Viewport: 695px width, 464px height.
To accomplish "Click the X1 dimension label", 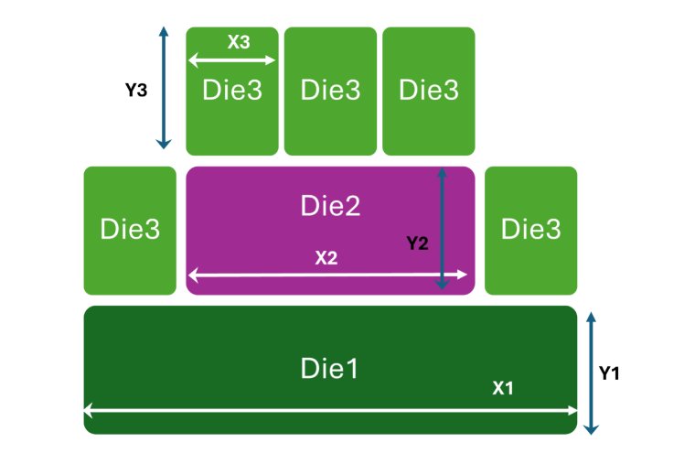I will [503, 388].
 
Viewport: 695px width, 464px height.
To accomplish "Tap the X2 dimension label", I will [326, 258].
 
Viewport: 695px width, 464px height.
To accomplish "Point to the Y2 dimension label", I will [417, 243].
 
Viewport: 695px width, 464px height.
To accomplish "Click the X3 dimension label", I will [239, 42].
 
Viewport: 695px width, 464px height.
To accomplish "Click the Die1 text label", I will [329, 368].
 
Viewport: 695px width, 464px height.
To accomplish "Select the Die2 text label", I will [330, 207].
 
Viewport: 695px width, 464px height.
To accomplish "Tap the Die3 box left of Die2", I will [130, 231].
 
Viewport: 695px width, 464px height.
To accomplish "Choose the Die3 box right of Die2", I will [530, 231].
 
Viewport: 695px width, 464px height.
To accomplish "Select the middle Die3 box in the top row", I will [330, 91].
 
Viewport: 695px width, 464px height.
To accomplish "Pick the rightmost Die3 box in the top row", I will [428, 91].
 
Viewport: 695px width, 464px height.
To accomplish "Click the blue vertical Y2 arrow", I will [443, 229].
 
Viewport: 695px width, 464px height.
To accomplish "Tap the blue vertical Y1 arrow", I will [591, 373].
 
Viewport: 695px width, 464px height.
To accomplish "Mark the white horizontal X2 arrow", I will [274, 274].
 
